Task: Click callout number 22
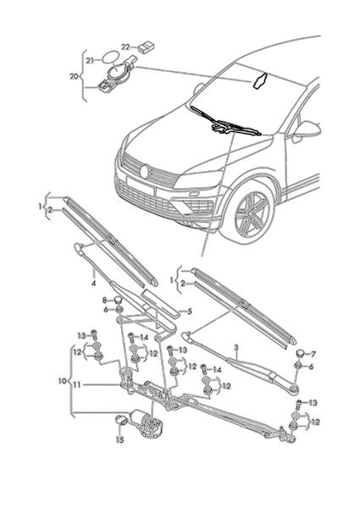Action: click(x=125, y=47)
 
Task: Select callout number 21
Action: click(x=90, y=61)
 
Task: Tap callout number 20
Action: click(x=74, y=77)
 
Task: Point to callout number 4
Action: click(x=94, y=283)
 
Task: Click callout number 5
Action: click(x=190, y=312)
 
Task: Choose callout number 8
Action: click(x=105, y=301)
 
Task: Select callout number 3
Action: click(x=236, y=348)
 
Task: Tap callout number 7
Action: click(x=313, y=355)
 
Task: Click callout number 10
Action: click(x=62, y=381)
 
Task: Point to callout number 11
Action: click(x=77, y=385)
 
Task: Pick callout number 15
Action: click(x=120, y=439)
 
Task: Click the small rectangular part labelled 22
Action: click(x=147, y=47)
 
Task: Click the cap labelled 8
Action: click(x=118, y=300)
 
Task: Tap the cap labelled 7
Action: click(x=302, y=353)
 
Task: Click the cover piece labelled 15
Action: click(x=122, y=420)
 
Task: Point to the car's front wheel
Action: click(x=252, y=213)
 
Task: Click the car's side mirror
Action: click(x=307, y=130)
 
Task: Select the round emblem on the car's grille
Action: click(x=145, y=172)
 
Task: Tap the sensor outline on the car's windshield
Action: click(x=259, y=80)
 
